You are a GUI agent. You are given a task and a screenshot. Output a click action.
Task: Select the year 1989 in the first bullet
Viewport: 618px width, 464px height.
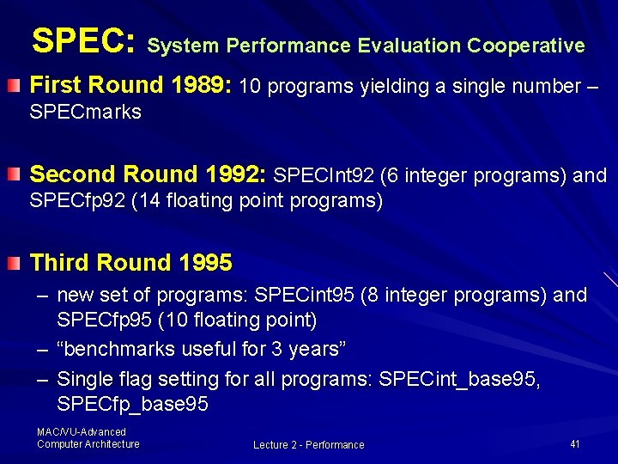[200, 85]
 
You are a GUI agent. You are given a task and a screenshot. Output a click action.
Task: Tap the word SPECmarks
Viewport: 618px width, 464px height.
[86, 112]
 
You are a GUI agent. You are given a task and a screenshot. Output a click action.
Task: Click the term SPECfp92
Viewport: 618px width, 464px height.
[76, 201]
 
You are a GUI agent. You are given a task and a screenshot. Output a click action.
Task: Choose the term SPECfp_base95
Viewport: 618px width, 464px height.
[132, 404]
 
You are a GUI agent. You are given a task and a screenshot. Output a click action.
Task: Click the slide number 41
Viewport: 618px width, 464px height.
[575, 444]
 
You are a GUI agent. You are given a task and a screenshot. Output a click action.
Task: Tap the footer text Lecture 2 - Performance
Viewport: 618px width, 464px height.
[308, 444]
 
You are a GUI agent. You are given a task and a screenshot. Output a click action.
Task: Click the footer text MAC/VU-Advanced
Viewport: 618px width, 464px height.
[82, 432]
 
